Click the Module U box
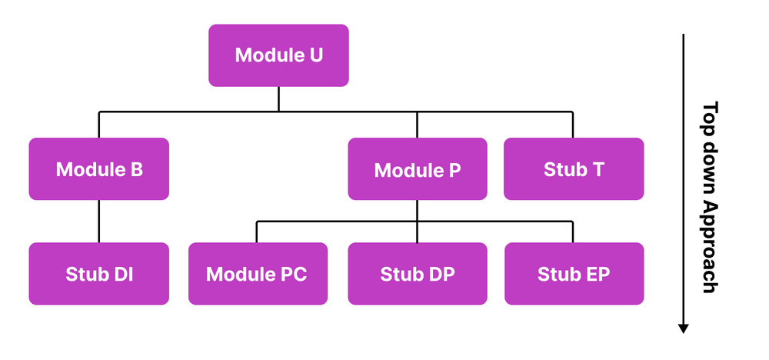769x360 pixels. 278,55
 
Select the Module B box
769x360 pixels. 98,169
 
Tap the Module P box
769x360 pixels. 417,169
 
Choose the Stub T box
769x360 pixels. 573,169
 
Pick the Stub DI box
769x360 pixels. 98,274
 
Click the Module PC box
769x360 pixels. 258,274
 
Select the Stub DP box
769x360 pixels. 417,274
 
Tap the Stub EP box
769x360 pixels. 573,274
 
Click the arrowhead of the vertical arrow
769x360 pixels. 683,328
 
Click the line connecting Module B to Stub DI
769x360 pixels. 98,222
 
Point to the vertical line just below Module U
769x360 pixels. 278,98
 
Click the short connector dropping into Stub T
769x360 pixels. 573,125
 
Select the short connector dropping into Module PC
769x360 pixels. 258,232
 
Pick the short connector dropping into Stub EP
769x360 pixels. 573,232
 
